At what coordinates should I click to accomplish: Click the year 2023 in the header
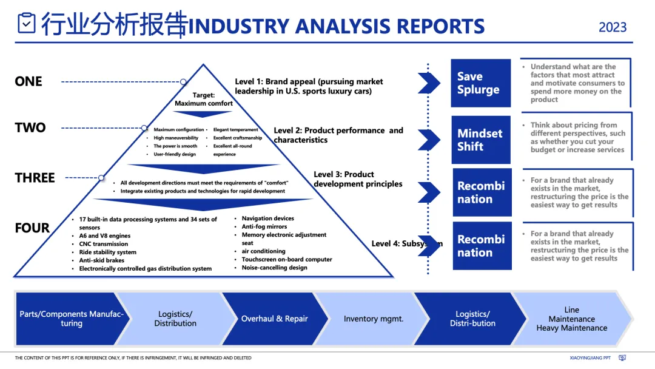pos(613,27)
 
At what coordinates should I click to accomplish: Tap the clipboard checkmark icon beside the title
pos(27,24)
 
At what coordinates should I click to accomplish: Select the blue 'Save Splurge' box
pos(480,83)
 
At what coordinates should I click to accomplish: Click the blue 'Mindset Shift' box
pos(480,140)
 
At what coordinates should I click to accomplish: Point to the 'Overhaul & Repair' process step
pos(274,319)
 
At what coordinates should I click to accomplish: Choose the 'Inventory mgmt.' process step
pos(373,319)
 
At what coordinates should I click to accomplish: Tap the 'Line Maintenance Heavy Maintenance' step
pos(571,319)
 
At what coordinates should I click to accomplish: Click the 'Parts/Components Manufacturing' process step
pos(71,319)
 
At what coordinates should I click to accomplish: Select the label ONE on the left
pos(29,81)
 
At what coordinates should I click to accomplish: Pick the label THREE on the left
pos(35,178)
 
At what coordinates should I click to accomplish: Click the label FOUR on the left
pos(32,228)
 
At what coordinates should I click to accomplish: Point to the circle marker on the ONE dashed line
pos(183,81)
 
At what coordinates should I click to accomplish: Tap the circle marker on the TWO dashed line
pos(144,128)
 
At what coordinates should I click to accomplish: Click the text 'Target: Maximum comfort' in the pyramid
pos(204,100)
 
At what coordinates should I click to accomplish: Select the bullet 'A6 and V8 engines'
pos(104,236)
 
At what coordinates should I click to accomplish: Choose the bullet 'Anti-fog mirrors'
pos(264,226)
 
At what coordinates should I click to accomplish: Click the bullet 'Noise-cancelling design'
pos(274,268)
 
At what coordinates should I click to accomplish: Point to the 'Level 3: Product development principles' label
pos(358,179)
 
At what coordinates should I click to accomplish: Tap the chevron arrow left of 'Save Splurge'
pos(428,83)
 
